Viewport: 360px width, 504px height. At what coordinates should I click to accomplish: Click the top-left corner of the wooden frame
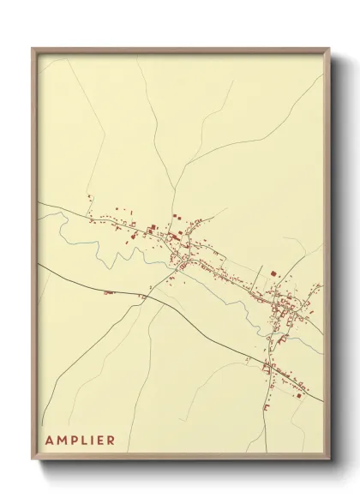tap(33, 48)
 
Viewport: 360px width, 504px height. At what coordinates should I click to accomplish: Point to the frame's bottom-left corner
tap(33, 460)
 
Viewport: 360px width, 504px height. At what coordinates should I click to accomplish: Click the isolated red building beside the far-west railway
tap(108, 292)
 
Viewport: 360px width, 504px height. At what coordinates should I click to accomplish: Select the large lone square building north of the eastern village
tap(273, 273)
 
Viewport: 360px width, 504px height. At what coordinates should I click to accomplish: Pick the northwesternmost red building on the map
tap(89, 198)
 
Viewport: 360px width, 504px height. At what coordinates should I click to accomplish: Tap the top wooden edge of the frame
tap(180, 49)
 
